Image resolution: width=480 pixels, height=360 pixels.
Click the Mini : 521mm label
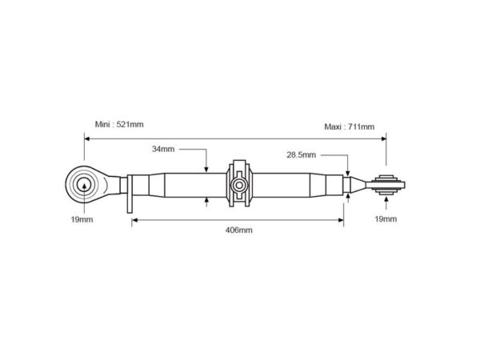pos(119,124)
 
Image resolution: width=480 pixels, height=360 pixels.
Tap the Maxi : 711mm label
pos(350,126)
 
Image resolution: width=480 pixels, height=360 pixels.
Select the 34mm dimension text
pos(163,149)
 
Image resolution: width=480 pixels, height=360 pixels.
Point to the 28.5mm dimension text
pos(302,155)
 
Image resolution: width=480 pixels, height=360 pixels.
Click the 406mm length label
pos(238,230)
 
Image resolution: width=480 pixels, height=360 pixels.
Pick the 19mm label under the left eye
pos(82,219)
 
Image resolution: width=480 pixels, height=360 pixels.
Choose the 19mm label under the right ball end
pos(386,219)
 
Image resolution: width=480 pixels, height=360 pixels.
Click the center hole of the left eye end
pos(84,185)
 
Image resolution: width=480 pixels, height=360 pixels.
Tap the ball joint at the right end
pos(386,185)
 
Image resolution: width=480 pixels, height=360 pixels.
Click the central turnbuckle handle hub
pos(238,186)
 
